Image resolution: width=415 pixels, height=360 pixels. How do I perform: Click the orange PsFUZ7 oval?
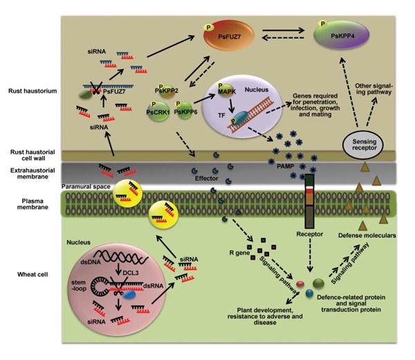(229, 35)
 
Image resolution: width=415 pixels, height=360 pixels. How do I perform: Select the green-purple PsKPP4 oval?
(341, 35)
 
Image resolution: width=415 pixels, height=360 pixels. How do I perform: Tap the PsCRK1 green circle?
(158, 111)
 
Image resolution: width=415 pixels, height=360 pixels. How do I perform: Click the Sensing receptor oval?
(364, 145)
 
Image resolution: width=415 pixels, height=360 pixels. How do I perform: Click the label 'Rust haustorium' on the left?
(33, 91)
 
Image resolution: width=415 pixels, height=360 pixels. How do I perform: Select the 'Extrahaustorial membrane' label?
(33, 173)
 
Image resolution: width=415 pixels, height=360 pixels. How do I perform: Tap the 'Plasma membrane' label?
(33, 204)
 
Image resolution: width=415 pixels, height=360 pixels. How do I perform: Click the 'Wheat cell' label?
(33, 274)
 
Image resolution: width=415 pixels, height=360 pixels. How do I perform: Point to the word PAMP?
(285, 166)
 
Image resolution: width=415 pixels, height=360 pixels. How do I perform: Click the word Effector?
(206, 179)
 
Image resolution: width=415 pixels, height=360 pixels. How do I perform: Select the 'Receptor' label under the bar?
(309, 234)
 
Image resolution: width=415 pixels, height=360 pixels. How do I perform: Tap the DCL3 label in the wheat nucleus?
(131, 273)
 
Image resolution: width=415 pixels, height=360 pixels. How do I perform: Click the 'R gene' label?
(239, 253)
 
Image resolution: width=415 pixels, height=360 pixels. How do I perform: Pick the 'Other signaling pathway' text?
(373, 89)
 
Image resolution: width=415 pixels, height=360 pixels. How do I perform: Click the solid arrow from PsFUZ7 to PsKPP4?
(284, 30)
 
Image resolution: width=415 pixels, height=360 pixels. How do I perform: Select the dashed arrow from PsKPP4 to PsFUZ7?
(283, 38)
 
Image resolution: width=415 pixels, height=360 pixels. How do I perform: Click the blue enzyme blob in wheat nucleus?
(129, 294)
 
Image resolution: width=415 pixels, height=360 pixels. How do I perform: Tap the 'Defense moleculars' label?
(367, 235)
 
